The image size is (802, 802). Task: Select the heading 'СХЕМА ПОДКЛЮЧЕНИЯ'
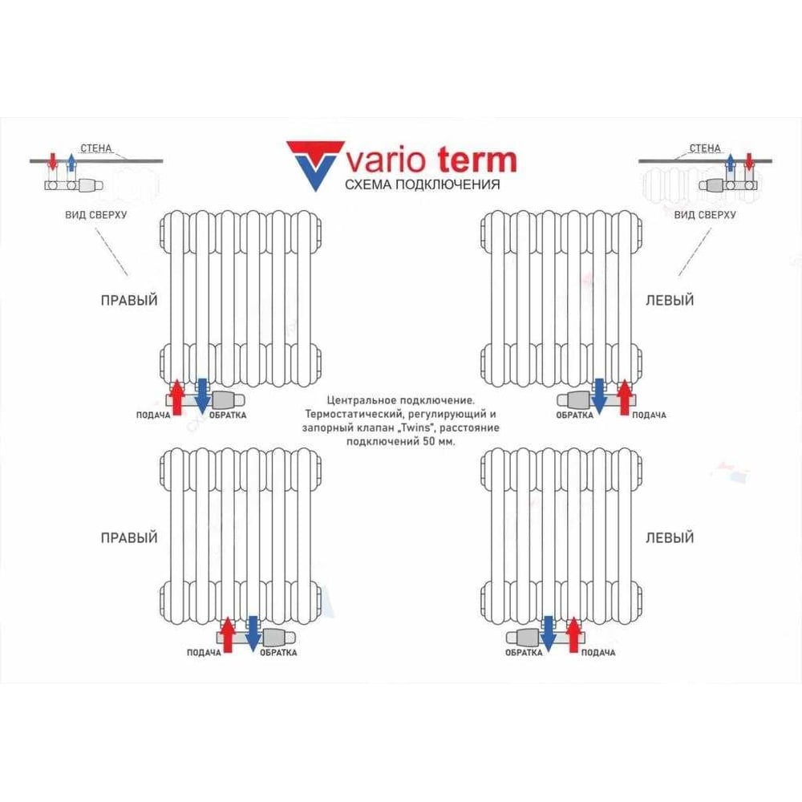pos(422,184)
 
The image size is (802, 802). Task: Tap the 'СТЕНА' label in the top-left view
pos(96,148)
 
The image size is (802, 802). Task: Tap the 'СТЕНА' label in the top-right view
pos(705,148)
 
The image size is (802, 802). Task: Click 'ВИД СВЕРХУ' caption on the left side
pos(95,215)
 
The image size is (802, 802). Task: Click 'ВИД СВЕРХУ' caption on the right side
pos(705,215)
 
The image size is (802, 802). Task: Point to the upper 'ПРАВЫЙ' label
pos(129,300)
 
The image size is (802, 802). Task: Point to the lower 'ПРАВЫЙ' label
pos(129,537)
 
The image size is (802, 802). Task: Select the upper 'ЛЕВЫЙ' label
pos(670,300)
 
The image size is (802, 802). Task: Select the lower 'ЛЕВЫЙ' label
pos(670,537)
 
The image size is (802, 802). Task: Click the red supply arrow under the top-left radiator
pos(177,397)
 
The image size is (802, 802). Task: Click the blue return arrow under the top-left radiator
pos(202,396)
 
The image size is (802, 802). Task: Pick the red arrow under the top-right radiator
pos(624,397)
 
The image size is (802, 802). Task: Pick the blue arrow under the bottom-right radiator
pos(549,634)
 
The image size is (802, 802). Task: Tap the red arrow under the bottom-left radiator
pos(227,634)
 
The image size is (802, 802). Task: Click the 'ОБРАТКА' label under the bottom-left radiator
pos(278,653)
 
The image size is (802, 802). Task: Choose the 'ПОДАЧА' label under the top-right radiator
pos(649,415)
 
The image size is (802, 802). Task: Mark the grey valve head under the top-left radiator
pos(222,399)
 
